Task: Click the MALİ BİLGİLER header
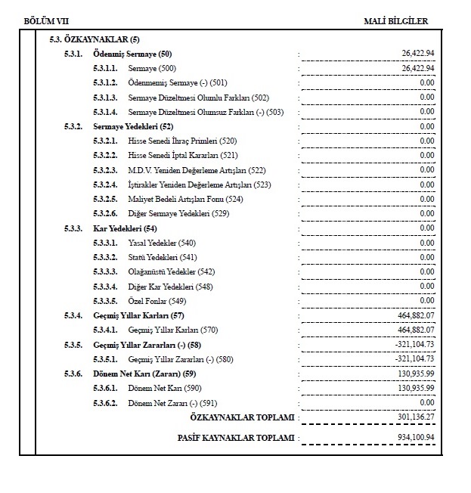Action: point(395,21)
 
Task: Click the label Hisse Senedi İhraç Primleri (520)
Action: point(182,141)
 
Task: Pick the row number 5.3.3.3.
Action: point(106,272)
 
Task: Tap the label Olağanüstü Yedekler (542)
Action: point(172,272)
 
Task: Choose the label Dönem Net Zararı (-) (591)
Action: point(172,403)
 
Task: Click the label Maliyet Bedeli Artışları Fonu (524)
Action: point(186,200)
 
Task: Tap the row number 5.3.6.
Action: point(73,374)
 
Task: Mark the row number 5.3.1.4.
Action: point(106,112)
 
